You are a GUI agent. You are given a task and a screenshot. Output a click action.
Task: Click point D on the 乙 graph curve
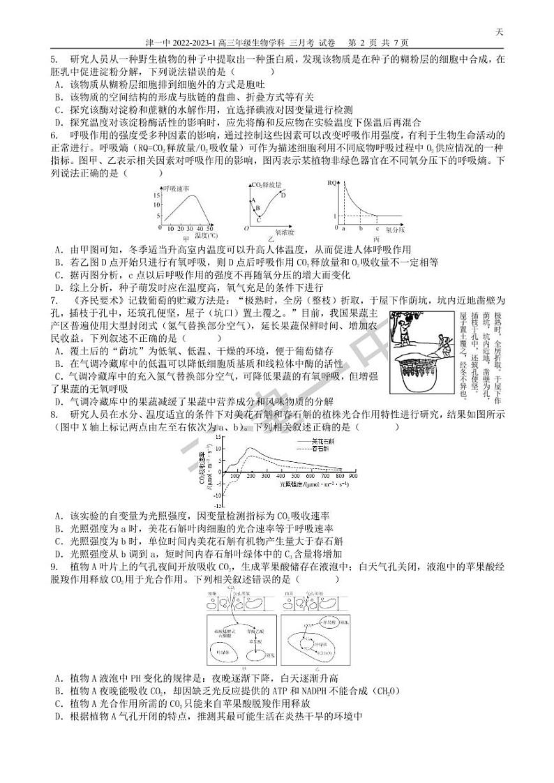[x=283, y=195]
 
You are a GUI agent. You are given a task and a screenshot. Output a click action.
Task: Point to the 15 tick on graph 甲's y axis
[x=158, y=195]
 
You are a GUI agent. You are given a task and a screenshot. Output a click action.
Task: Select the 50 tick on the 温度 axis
[x=210, y=229]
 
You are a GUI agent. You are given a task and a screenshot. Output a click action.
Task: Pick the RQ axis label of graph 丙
[x=331, y=183]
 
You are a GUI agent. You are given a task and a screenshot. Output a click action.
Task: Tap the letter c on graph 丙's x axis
[x=377, y=228]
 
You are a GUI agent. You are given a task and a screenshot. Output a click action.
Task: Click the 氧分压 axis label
[x=396, y=229]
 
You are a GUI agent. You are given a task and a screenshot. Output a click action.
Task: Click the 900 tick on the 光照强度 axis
[x=352, y=475]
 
